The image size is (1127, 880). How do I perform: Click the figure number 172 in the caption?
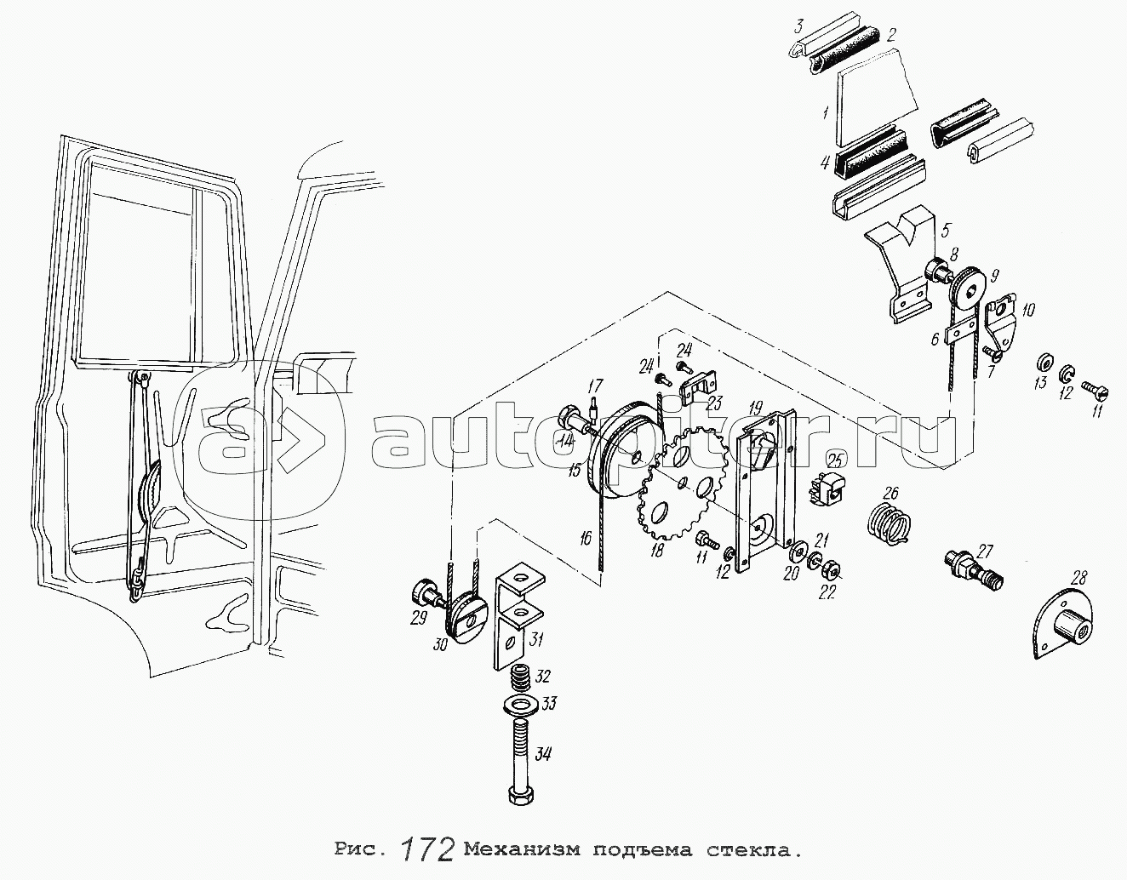[427, 850]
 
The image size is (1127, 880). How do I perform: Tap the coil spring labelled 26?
[890, 523]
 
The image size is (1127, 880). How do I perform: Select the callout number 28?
[1078, 579]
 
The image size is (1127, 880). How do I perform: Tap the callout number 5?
[947, 229]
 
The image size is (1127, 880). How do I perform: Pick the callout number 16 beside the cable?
[586, 539]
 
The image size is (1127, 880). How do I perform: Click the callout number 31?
[535, 639]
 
